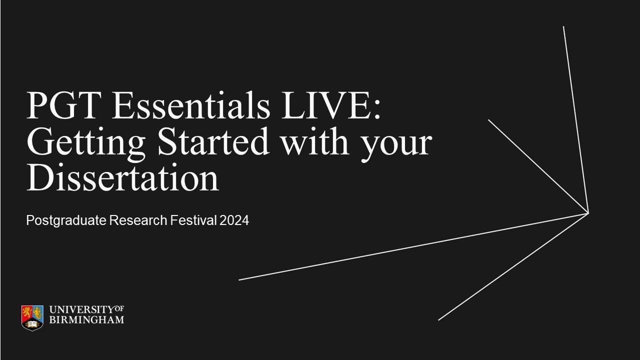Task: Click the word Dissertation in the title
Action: pyautogui.click(x=123, y=178)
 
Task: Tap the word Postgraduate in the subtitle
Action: pyautogui.click(x=66, y=220)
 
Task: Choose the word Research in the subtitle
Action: pyautogui.click(x=137, y=220)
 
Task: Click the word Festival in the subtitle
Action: pyautogui.click(x=192, y=220)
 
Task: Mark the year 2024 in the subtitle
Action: pyautogui.click(x=233, y=220)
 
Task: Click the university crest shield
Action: pyautogui.click(x=32, y=317)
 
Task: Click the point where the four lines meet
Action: pyautogui.click(x=588, y=213)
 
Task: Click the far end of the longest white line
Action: pyautogui.click(x=239, y=280)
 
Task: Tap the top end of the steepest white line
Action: pyautogui.click(x=563, y=26)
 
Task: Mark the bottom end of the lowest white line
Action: pyautogui.click(x=438, y=320)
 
